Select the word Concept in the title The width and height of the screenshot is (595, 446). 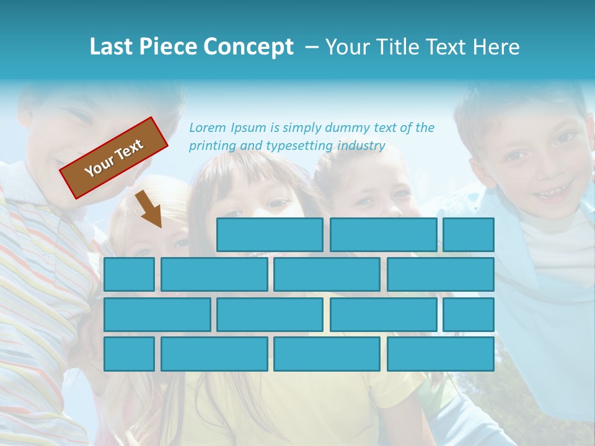pyautogui.click(x=249, y=47)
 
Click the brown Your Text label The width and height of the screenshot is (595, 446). pyautogui.click(x=113, y=158)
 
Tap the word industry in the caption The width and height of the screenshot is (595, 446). pyautogui.click(x=362, y=146)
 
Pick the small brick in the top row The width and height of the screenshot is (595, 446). pyautogui.click(x=469, y=235)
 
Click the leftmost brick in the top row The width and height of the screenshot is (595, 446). pyautogui.click(x=270, y=235)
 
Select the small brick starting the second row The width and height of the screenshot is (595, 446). pyautogui.click(x=129, y=274)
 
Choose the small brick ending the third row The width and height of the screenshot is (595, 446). pyautogui.click(x=469, y=315)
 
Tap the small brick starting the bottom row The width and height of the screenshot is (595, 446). pyautogui.click(x=129, y=354)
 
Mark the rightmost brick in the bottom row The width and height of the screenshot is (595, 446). pyautogui.click(x=441, y=354)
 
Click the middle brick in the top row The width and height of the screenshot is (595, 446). pyautogui.click(x=383, y=235)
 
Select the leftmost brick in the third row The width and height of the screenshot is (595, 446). pyautogui.click(x=157, y=315)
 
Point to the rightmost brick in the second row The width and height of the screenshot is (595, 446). pyautogui.click(x=441, y=274)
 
